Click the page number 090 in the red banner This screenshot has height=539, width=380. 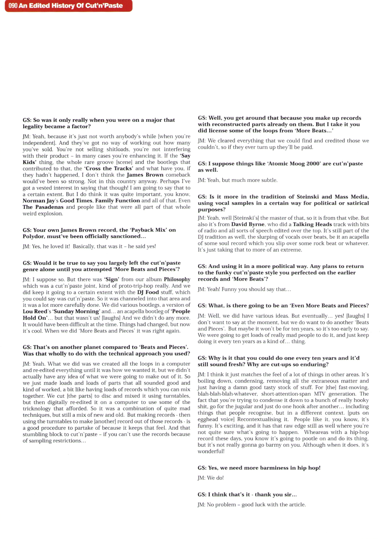pos(13,6)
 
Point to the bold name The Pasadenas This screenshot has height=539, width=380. pos(43,207)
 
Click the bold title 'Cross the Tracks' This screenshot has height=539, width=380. pos(109,168)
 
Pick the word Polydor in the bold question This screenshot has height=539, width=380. pos(34,236)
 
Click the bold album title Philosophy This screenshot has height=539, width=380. pos(177,279)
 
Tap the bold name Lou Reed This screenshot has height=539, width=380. pos(35,311)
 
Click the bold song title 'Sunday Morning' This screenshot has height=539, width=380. pos(76,311)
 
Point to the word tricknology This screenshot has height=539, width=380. pos(38,408)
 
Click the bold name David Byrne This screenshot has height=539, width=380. pos(247,224)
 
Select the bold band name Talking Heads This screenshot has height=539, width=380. pos(312,224)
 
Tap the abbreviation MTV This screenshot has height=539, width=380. pos(320,394)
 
